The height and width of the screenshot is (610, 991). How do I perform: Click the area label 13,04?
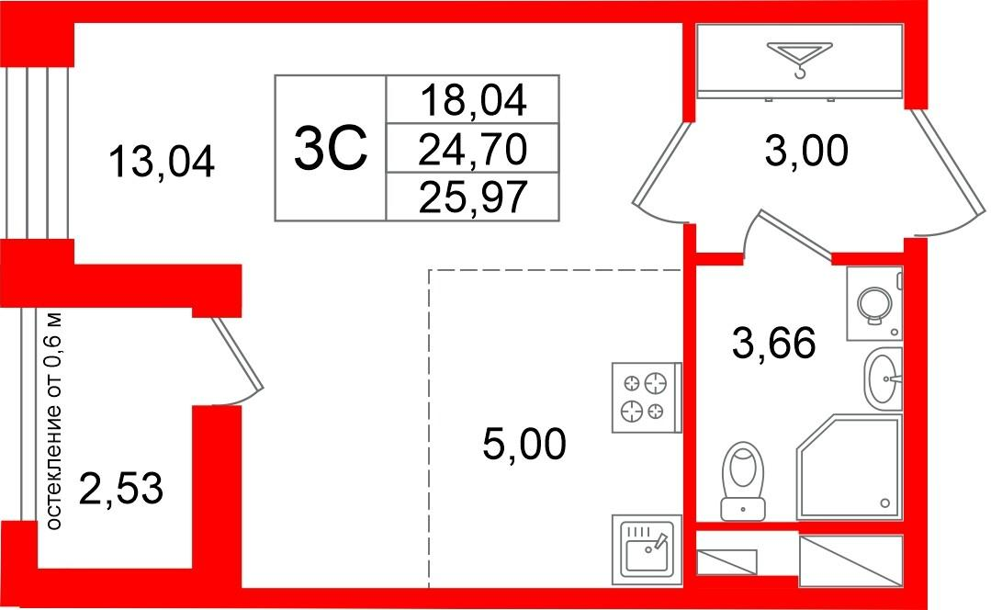(162, 161)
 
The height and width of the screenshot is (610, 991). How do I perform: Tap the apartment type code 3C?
(330, 149)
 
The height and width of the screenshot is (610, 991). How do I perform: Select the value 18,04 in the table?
(473, 100)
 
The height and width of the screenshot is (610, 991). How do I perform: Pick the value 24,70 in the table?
(473, 149)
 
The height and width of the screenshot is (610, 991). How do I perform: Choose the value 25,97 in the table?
(473, 197)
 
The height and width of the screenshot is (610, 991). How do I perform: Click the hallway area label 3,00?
(805, 151)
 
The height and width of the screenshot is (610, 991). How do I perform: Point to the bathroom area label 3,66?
(773, 344)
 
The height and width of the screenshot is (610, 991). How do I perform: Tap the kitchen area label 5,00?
(524, 443)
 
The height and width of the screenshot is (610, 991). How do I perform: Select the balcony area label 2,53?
(121, 489)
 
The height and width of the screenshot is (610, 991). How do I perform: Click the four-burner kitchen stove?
(646, 398)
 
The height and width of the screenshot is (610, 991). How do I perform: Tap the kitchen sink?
(647, 549)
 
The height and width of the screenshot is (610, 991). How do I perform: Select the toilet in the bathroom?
(743, 480)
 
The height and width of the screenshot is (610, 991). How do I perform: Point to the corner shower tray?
(849, 467)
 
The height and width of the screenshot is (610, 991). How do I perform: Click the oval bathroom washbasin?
(883, 378)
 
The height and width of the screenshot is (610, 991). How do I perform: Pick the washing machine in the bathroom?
(874, 303)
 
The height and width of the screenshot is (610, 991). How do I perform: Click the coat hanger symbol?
(799, 58)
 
